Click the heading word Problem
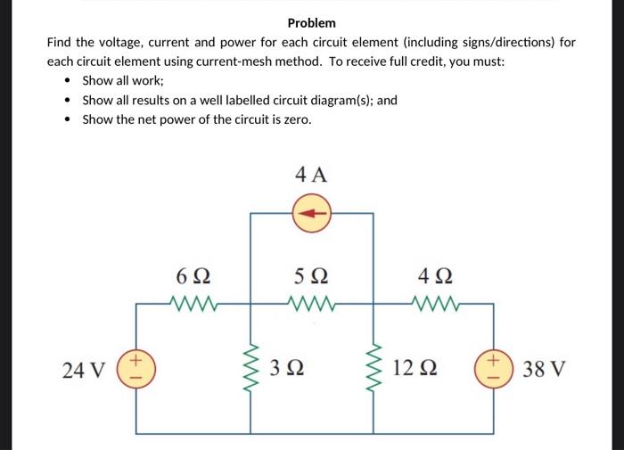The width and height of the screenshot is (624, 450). point(311,22)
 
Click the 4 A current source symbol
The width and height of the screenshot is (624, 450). point(311,214)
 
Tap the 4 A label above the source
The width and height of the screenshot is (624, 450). point(311,175)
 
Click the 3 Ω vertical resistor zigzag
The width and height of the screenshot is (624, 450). point(251,368)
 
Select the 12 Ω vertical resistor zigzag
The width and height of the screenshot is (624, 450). point(373,368)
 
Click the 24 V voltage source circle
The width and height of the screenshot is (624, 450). point(136,368)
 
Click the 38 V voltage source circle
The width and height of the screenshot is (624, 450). point(493,368)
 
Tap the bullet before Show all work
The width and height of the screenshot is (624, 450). point(69,81)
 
